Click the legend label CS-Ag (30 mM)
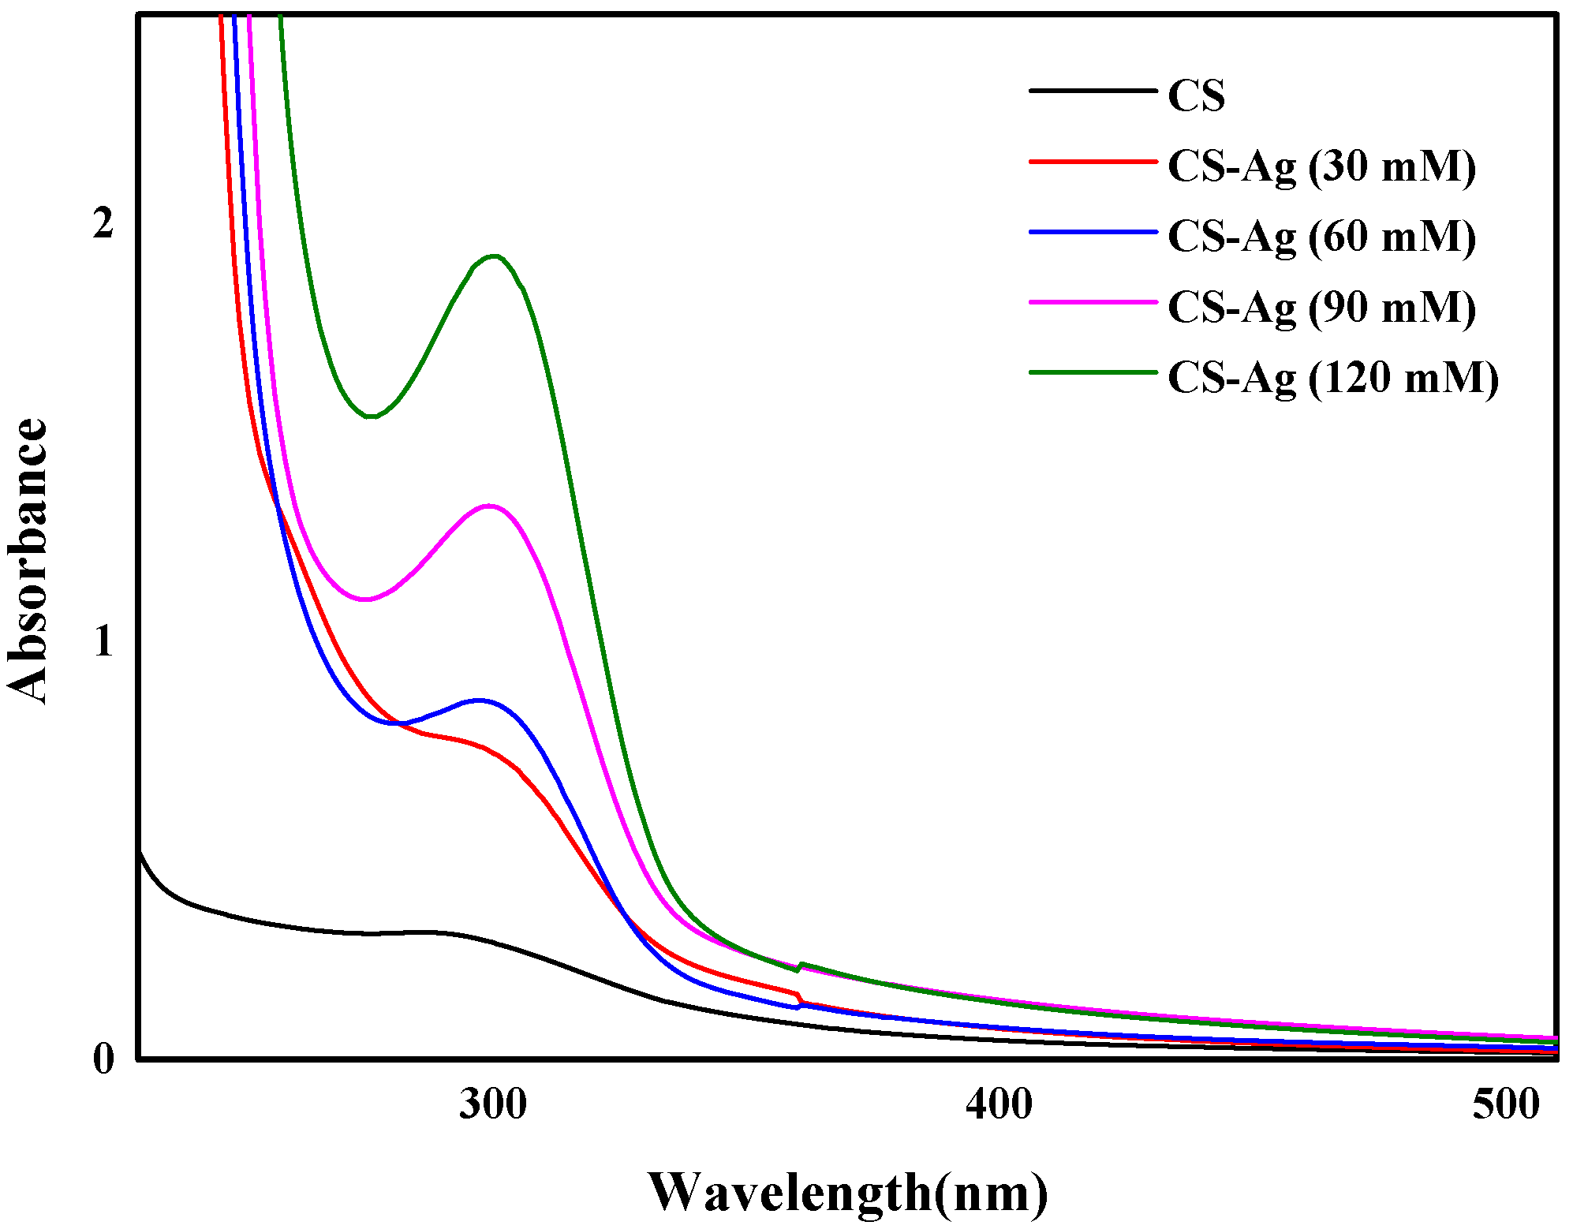pos(1321,166)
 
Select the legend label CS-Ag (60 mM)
pos(1321,237)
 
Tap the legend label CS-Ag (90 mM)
pos(1321,307)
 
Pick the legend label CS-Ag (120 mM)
pos(1332,377)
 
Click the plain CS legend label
pos(1196,96)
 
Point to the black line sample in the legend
pos(1093,91)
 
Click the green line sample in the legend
pos(1093,372)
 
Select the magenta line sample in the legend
pos(1093,301)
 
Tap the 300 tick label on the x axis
pos(493,1104)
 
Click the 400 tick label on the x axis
pos(999,1104)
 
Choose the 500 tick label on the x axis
pos(1505,1104)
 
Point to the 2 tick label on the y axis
pos(103,224)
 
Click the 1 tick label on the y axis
pos(103,642)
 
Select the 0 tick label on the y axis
pos(103,1059)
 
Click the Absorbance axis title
pos(28,560)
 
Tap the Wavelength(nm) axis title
pos(848,1192)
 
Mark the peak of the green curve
pos(495,256)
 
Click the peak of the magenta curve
pos(489,506)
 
